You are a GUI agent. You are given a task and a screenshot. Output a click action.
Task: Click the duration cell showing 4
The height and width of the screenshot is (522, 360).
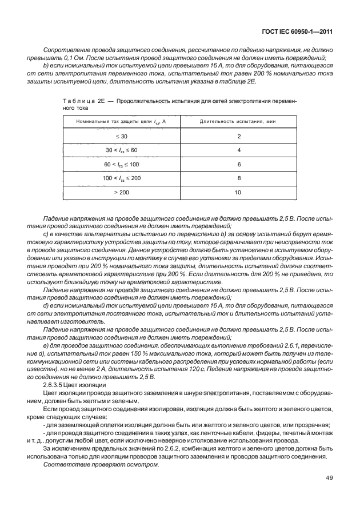[x=238, y=150]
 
